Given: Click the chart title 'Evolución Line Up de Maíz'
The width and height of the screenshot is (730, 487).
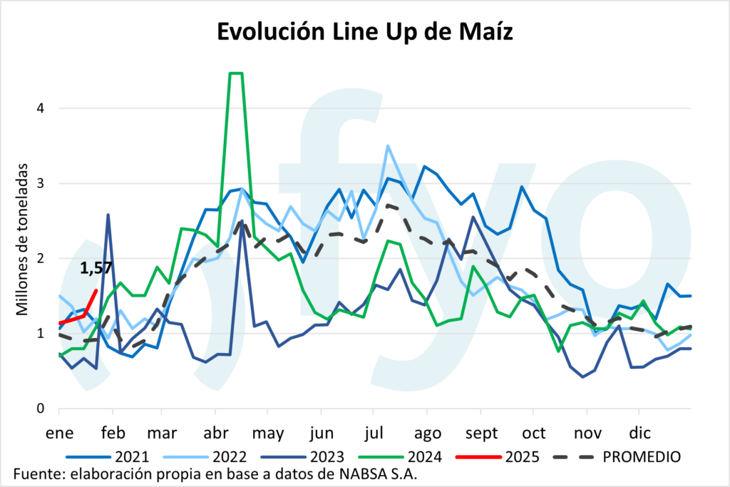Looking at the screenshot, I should [364, 34].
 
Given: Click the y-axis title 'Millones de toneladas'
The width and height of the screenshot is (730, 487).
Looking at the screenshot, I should [24, 239].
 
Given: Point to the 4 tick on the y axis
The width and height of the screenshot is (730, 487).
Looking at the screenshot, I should [40, 108].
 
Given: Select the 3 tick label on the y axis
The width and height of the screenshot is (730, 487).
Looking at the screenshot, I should [40, 183].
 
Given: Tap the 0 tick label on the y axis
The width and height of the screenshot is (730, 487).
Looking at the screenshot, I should [40, 409].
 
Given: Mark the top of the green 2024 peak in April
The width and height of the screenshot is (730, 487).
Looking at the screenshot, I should [236, 73].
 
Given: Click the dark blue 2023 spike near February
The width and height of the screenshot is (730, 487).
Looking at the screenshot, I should [108, 215].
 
